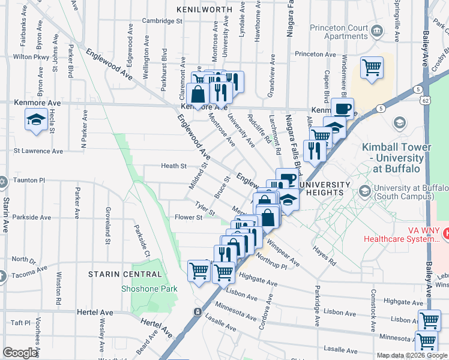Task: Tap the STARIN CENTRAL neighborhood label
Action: click(x=125, y=274)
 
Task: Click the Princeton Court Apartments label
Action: click(x=338, y=32)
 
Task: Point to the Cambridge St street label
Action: click(x=162, y=21)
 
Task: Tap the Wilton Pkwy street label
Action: click(x=30, y=57)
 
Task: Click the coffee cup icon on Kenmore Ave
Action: click(x=342, y=109)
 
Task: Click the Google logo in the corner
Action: click(x=20, y=353)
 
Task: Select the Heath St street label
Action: click(x=174, y=166)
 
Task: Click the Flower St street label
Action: click(x=188, y=218)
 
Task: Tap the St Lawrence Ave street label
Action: click(x=38, y=151)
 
